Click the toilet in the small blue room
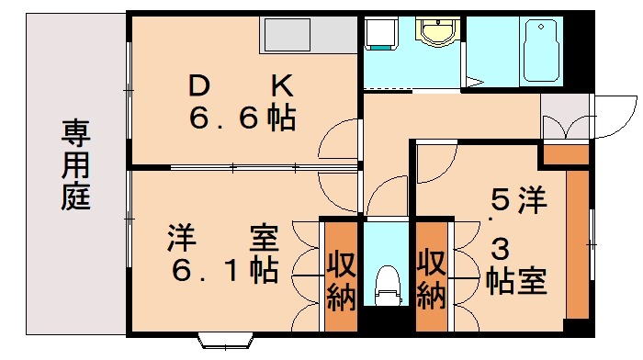coord(387,284)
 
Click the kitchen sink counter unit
coord(309,35)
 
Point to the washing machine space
coord(380,36)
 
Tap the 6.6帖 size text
coord(242,118)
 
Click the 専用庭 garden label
coord(76,165)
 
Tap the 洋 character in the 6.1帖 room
coord(180,239)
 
